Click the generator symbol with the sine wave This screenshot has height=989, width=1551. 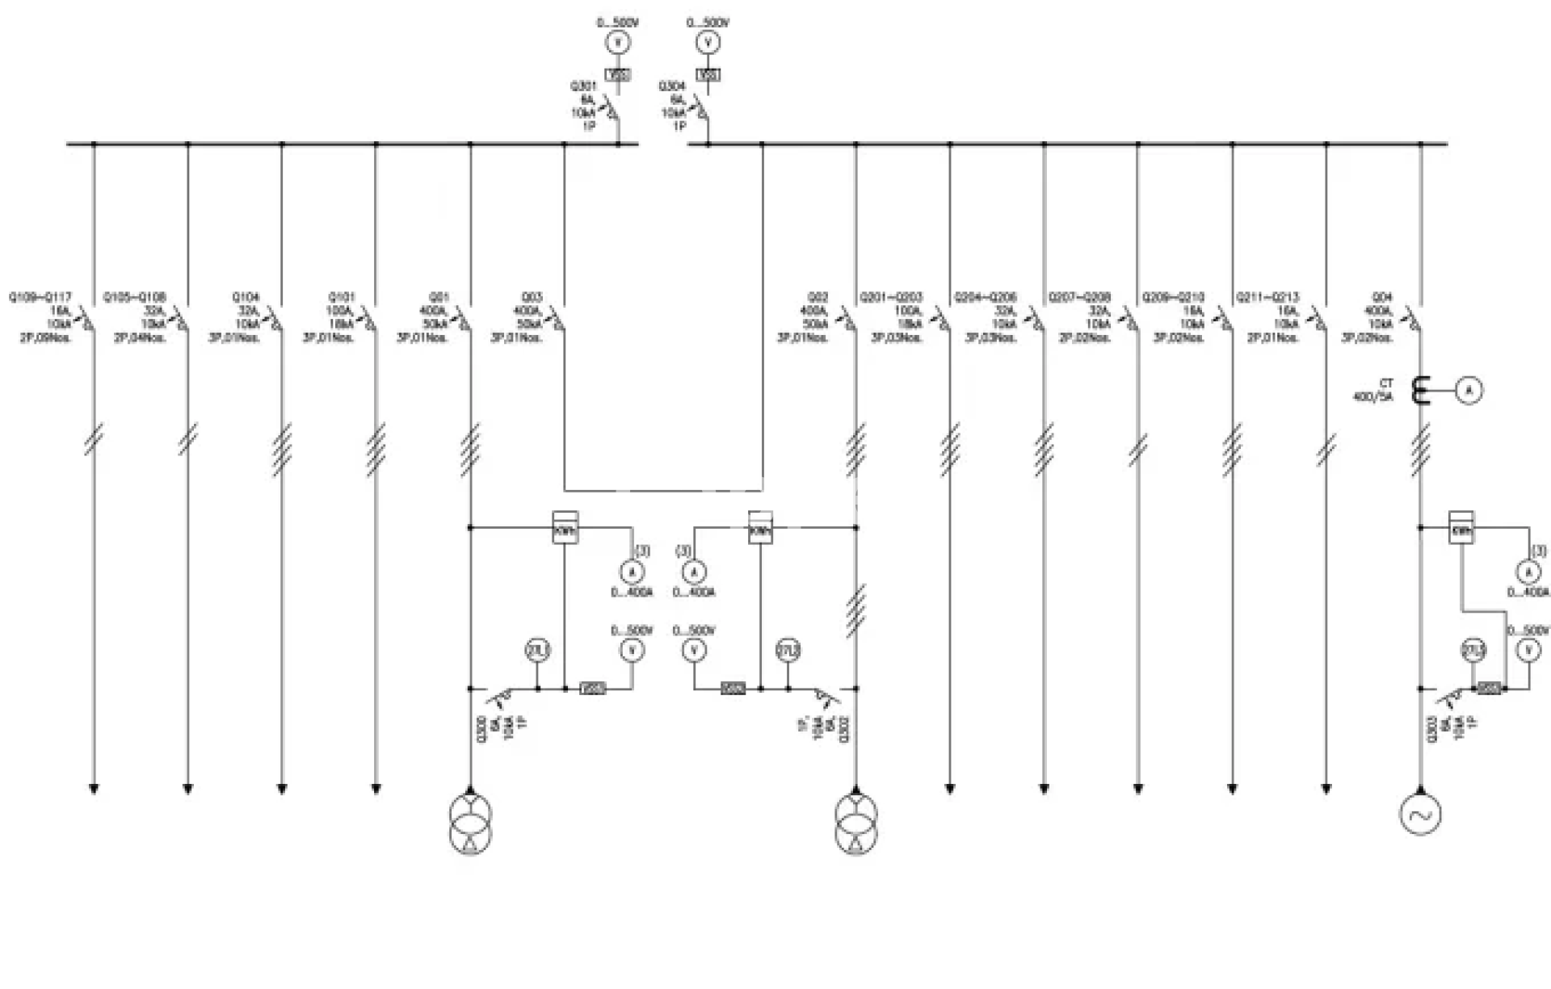1419,815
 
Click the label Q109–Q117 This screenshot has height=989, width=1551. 40,297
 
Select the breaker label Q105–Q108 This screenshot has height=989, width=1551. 135,297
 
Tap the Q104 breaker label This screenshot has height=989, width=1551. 246,297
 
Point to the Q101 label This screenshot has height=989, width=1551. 341,297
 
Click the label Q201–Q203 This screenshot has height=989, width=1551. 891,297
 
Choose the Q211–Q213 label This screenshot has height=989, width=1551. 1267,297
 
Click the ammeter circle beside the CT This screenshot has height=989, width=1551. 1469,391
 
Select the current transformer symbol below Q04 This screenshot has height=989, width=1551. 1419,391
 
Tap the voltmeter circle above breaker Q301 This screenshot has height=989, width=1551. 618,43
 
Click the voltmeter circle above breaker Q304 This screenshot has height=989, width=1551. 708,43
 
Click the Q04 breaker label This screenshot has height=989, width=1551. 1383,297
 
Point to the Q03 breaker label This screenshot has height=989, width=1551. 532,297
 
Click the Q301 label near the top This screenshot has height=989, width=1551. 583,86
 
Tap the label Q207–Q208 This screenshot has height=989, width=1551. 1079,297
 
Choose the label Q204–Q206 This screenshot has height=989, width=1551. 986,297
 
